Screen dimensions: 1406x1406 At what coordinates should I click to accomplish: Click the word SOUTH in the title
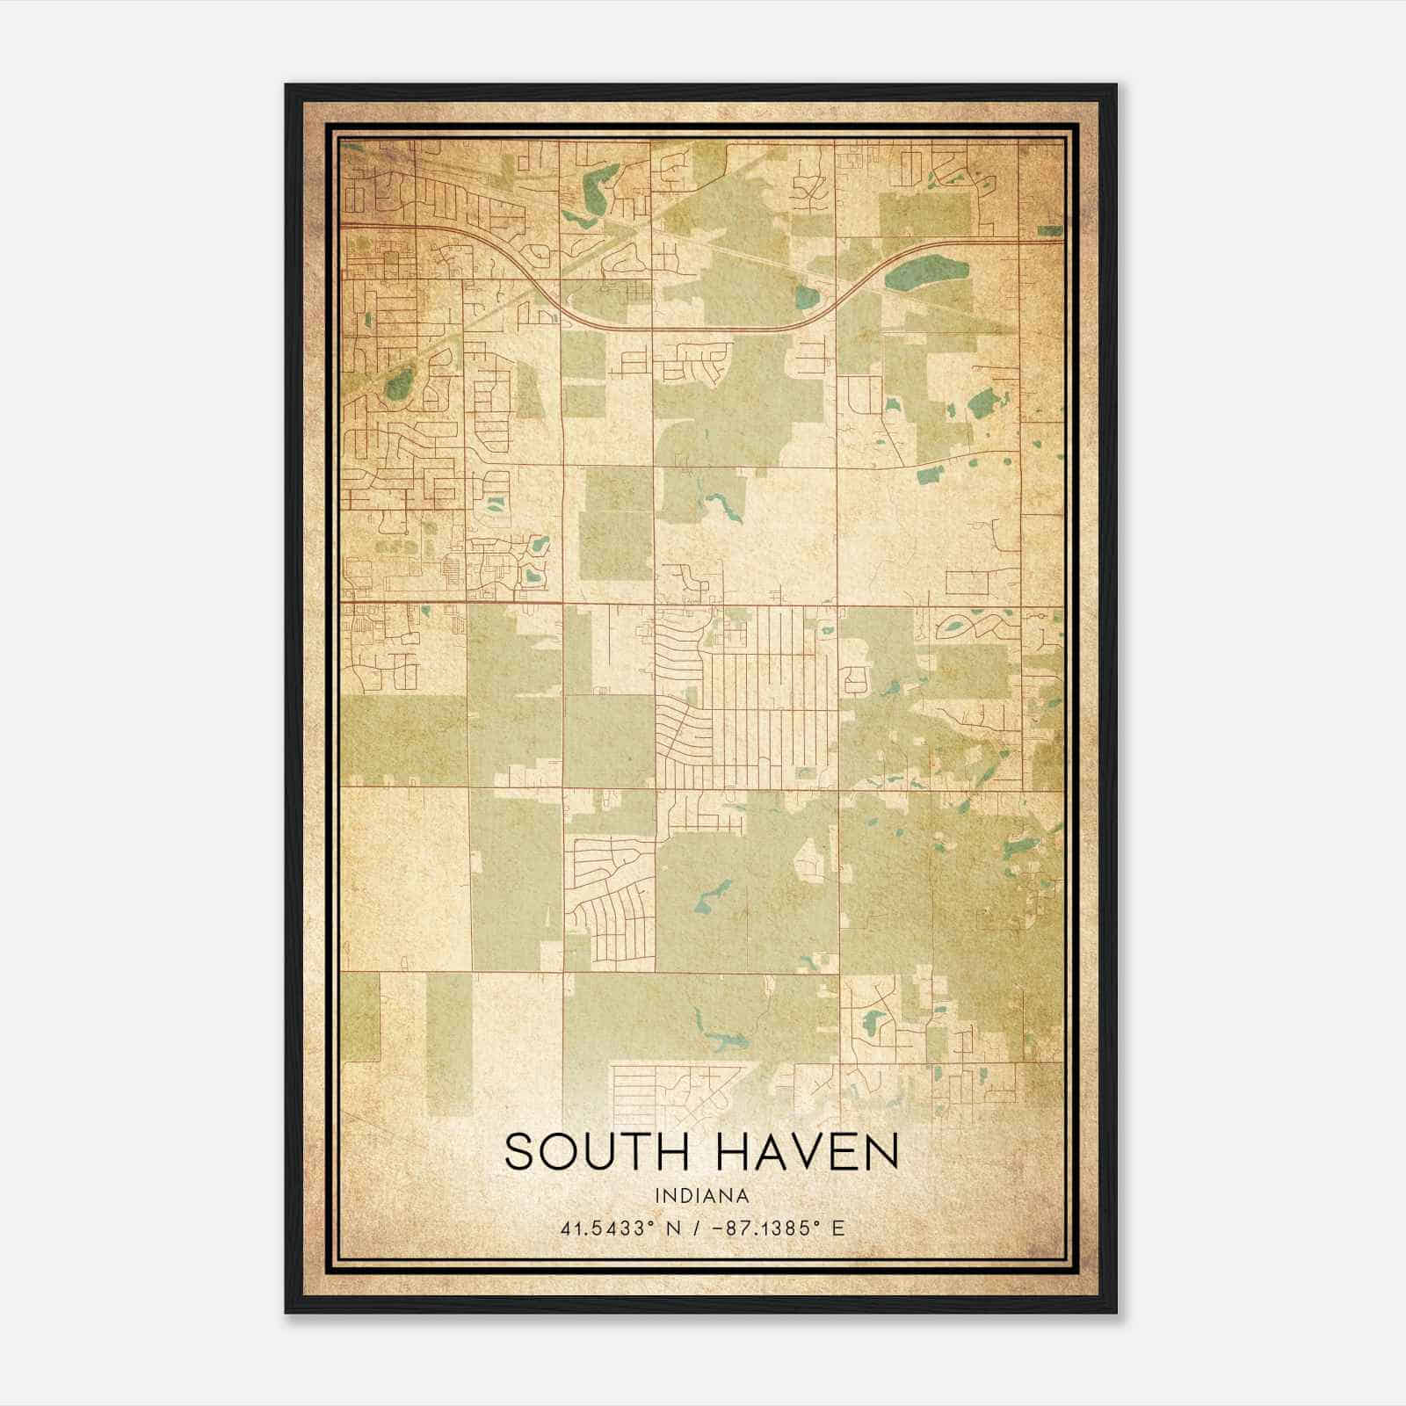coord(596,1151)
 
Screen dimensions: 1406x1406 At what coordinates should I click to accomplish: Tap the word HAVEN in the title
coord(812,1151)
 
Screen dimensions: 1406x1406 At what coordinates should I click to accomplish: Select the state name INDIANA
coord(701,1196)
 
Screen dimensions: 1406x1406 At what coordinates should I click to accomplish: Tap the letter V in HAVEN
coord(806,1151)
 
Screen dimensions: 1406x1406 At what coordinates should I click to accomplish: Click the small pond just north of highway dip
coord(807,299)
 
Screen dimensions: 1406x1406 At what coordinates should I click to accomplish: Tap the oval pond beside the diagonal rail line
coord(398,383)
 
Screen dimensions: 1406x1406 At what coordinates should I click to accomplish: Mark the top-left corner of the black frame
coord(286,85)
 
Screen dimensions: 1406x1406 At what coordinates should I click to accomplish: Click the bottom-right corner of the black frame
coord(1116,1313)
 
